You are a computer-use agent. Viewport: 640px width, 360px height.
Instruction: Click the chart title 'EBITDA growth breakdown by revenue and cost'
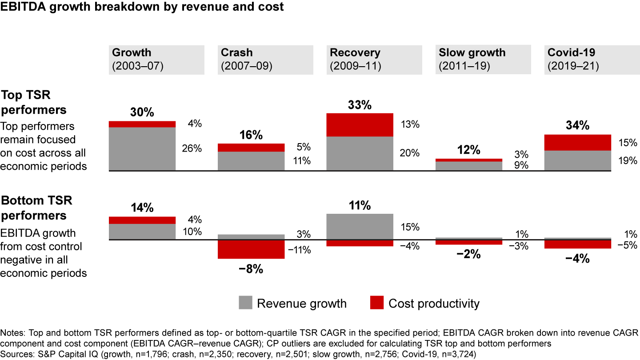tap(142, 7)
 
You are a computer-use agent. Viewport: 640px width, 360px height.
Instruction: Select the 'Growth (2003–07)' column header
tap(156, 59)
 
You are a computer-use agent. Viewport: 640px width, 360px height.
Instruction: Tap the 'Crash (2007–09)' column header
tap(265, 59)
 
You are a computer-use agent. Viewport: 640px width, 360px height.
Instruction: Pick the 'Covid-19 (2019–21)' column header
tap(592, 59)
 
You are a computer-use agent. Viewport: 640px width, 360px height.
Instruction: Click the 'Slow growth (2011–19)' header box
tap(483, 59)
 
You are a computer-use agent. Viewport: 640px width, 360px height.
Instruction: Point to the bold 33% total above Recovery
tap(360, 105)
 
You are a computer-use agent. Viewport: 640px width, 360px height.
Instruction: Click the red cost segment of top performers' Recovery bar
tap(360, 125)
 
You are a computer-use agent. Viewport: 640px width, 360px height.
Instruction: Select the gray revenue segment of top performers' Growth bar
tap(142, 149)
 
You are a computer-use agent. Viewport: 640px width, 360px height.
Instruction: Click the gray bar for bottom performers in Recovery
tap(360, 227)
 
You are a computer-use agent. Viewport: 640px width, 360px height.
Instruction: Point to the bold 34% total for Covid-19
tap(577, 126)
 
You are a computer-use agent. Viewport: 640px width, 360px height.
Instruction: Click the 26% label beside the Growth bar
tap(192, 149)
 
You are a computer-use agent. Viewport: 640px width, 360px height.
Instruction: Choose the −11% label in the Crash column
tap(299, 250)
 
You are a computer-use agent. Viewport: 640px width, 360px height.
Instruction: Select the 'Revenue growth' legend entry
tap(301, 304)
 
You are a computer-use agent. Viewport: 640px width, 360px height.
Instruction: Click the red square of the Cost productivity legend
tap(376, 303)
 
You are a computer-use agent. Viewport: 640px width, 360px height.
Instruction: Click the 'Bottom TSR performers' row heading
tap(36, 208)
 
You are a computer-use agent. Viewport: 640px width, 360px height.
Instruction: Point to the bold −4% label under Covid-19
tap(577, 258)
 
